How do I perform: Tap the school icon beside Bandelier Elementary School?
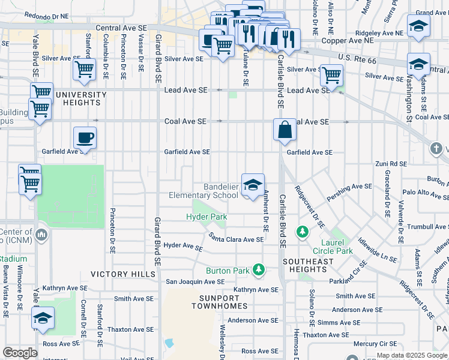253,184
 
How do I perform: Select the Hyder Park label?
206,216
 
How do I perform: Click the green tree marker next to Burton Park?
259,270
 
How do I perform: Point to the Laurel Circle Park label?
333,247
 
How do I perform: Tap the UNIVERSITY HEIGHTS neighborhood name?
81,99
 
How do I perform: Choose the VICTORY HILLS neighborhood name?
118,274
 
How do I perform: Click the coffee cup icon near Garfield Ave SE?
85,138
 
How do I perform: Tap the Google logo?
20,352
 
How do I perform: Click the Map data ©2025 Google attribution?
412,355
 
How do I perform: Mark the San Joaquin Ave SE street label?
195,281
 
